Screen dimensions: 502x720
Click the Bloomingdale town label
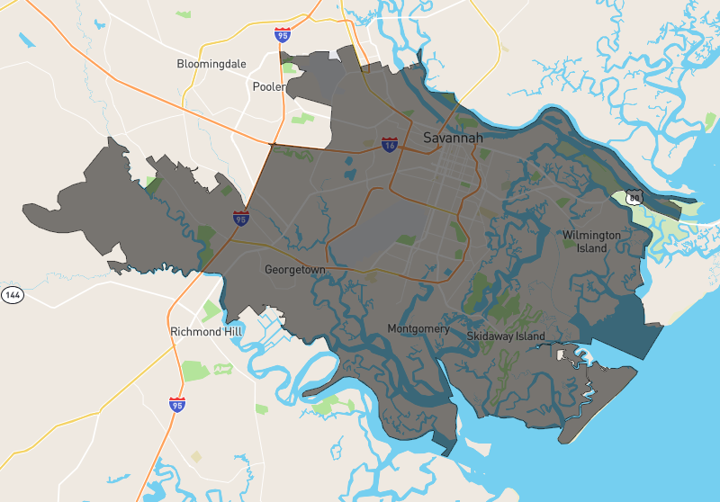tap(213, 65)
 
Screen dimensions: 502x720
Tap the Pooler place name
tap(268, 87)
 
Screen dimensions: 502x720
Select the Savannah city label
tap(453, 138)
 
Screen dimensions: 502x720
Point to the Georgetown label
tap(294, 269)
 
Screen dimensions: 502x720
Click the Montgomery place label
tap(418, 328)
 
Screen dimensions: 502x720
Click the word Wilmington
tap(591, 235)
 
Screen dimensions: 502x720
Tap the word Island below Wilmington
tap(591, 247)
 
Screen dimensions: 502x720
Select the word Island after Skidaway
tap(530, 336)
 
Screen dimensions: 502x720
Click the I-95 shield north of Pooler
tap(283, 35)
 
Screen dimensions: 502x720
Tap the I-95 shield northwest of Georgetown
tap(240, 218)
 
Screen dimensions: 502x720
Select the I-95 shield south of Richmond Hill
tap(176, 404)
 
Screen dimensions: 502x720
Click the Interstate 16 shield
tap(389, 144)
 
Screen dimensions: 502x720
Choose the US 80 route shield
tap(635, 197)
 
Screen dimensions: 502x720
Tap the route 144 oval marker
tap(12, 294)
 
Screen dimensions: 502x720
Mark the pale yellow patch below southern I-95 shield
tap(196, 456)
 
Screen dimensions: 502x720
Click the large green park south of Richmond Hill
tap(195, 370)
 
